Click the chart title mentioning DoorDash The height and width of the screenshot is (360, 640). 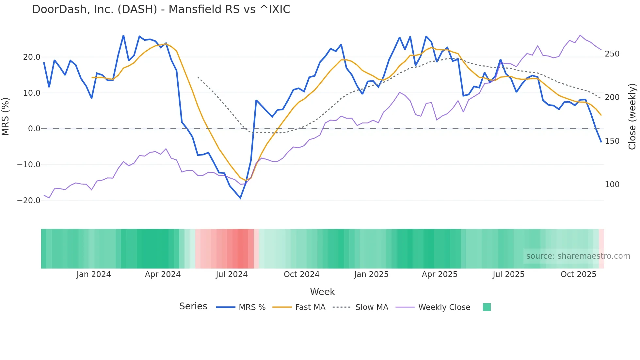tap(161, 9)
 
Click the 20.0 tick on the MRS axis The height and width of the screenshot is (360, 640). tap(32, 57)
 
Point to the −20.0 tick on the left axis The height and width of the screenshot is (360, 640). tap(29, 201)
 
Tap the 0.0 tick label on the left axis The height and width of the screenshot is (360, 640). tap(34, 129)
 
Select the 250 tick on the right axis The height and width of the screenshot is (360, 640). tap(612, 54)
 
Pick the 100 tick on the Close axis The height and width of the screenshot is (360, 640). tap(612, 185)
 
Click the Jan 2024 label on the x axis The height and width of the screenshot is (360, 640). tap(94, 274)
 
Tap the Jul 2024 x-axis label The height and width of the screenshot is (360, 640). tap(232, 274)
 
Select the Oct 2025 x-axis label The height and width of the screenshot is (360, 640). tap(578, 274)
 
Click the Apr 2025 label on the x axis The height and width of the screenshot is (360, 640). tap(440, 274)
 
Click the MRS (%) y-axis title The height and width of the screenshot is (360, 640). tap(6, 116)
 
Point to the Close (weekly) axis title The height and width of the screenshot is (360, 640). tap(632, 116)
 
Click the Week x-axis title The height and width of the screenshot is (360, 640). tap(322, 292)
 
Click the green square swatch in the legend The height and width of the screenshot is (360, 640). tap(487, 307)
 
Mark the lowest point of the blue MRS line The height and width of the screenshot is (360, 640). tap(240, 198)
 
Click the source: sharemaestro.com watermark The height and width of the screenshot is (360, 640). tap(578, 256)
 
